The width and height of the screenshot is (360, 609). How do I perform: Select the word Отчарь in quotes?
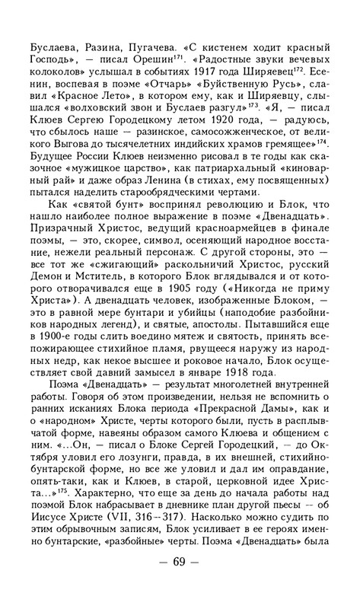tap(185, 76)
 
